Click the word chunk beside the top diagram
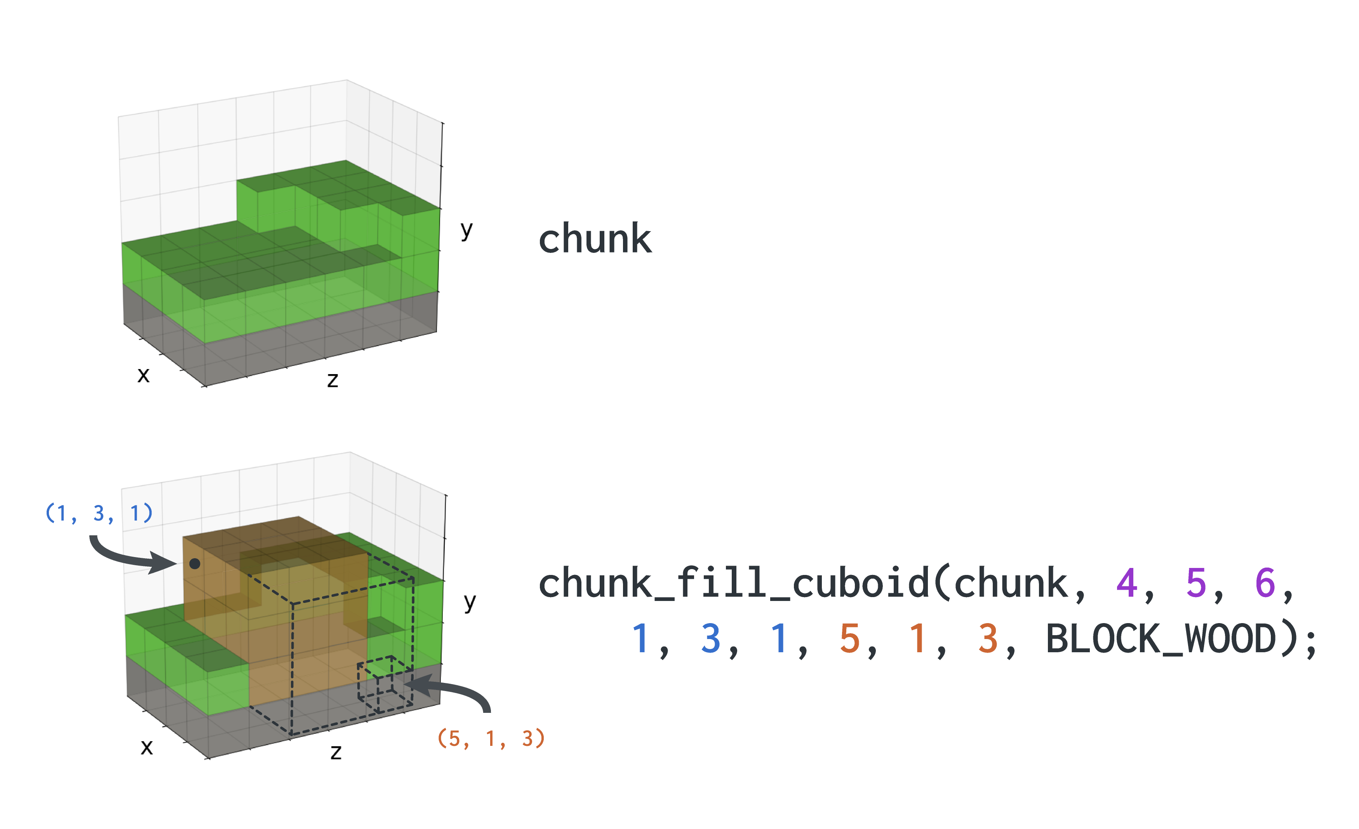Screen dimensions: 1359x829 pyautogui.click(x=595, y=239)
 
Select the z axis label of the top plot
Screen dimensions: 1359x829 pyautogui.click(x=332, y=380)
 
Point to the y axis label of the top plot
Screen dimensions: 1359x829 pyautogui.click(x=466, y=230)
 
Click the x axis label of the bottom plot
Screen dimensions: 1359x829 pyautogui.click(x=147, y=747)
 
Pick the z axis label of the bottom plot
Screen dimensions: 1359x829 pyautogui.click(x=336, y=752)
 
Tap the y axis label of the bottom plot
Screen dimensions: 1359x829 pyautogui.click(x=470, y=602)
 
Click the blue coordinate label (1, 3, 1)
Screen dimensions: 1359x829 pyautogui.click(x=99, y=513)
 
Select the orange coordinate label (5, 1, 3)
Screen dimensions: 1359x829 pyautogui.click(x=491, y=738)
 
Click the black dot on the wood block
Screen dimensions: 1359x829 pyautogui.click(x=195, y=564)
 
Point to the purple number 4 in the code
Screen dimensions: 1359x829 pyautogui.click(x=1127, y=583)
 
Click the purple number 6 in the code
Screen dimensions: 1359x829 pyautogui.click(x=1265, y=583)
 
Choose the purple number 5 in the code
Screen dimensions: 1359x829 pyautogui.click(x=1196, y=583)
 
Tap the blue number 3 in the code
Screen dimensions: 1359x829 pyautogui.click(x=711, y=639)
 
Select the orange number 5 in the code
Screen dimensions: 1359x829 pyautogui.click(x=850, y=639)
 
